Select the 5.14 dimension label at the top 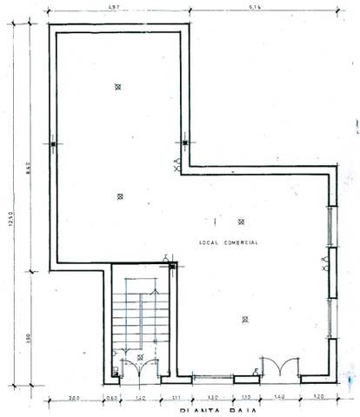tap(255, 8)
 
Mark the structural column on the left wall tap(52, 143)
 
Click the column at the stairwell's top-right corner tap(172, 265)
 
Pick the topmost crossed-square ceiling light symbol tap(117, 86)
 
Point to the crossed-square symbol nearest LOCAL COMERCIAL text tap(242, 222)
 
